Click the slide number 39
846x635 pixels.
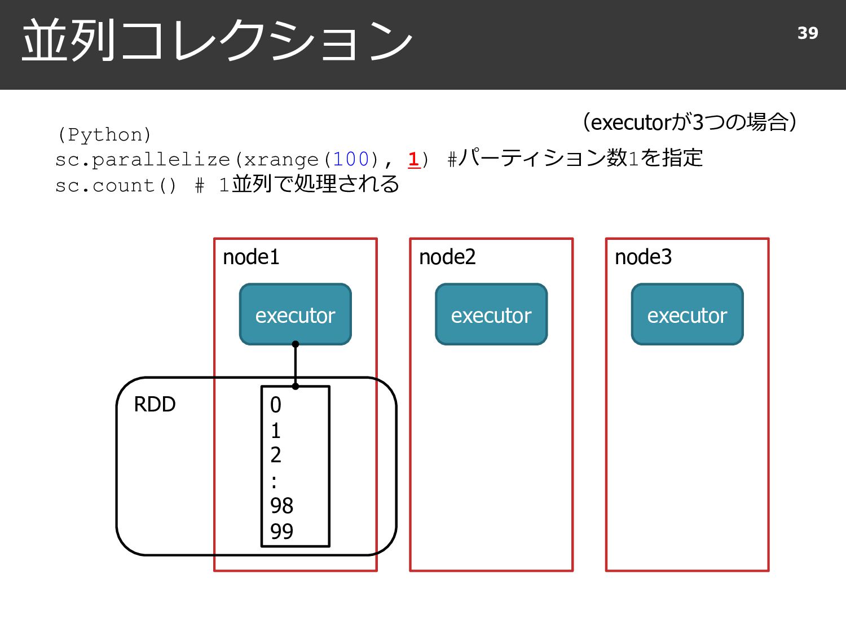tap(808, 33)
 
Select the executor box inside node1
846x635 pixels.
tap(295, 314)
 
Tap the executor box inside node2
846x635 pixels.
tap(491, 314)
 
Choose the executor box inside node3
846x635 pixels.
tap(687, 314)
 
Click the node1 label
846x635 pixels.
tap(251, 257)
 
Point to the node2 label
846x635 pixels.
tap(447, 257)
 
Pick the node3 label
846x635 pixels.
tap(643, 257)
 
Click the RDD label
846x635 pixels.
tap(155, 405)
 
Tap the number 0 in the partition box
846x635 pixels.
tap(276, 405)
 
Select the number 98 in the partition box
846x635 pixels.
tap(281, 505)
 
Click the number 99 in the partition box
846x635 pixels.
tap(281, 531)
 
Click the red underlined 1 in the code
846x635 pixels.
tap(413, 159)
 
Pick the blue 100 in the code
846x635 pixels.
tap(351, 159)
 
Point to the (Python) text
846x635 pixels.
tap(104, 134)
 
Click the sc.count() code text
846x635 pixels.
tap(116, 186)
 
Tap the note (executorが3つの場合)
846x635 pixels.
tap(690, 122)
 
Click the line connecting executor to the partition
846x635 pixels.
tap(295, 365)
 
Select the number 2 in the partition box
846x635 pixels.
tap(276, 455)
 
